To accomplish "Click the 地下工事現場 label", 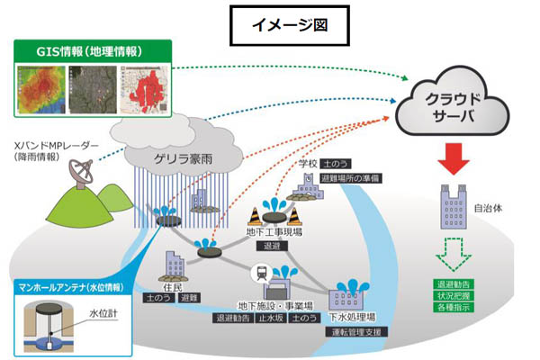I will coord(274,231).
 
